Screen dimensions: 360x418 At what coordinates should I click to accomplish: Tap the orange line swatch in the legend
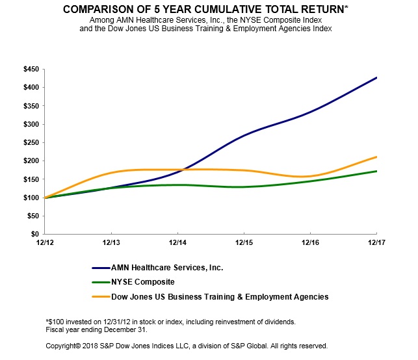pos(102,297)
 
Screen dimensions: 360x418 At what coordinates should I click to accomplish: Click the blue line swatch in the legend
pos(102,268)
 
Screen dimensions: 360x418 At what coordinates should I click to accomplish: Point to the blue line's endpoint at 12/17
pos(376,78)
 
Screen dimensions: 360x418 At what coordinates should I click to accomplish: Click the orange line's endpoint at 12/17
pos(376,157)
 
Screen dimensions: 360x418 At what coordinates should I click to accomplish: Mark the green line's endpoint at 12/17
pos(376,171)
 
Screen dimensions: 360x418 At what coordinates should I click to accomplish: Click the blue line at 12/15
pos(244,135)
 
